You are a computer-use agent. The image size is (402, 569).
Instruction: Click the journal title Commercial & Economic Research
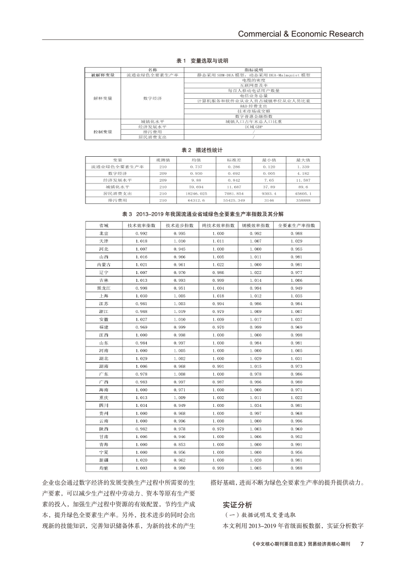[x=300, y=34]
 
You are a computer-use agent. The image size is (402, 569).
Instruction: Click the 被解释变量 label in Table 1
[x=103, y=75]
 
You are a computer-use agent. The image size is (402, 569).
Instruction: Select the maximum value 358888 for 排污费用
[x=303, y=200]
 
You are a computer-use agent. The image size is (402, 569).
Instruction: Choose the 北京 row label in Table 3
[x=104, y=234]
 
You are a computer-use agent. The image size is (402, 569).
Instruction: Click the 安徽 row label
[x=104, y=319]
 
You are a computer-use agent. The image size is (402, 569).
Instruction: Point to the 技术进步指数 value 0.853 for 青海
[x=179, y=444]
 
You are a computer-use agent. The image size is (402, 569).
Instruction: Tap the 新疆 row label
[x=104, y=460]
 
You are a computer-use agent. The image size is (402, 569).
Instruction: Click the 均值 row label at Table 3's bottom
[x=104, y=468]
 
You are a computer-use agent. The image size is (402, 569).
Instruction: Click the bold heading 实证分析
[x=238, y=505]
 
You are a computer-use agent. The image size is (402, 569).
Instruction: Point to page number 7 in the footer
[x=362, y=544]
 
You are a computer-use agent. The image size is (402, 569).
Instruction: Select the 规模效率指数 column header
[x=256, y=226]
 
